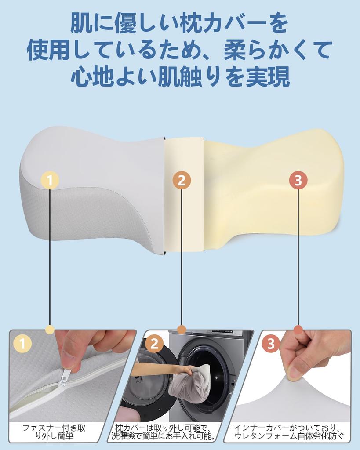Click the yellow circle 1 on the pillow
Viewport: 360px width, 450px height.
(50, 180)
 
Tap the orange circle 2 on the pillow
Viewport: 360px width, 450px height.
(182, 180)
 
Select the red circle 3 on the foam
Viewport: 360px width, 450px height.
(298, 180)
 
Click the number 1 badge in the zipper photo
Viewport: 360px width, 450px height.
(23, 344)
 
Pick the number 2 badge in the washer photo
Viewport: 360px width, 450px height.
(154, 344)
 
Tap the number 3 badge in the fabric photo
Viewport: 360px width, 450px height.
(271, 344)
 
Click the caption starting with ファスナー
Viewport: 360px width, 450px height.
(54, 432)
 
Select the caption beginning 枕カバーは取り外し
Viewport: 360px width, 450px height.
(164, 432)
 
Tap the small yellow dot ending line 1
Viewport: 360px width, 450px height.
(50, 330)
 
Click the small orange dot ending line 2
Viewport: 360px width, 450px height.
(182, 330)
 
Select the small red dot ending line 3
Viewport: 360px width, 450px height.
(298, 330)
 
